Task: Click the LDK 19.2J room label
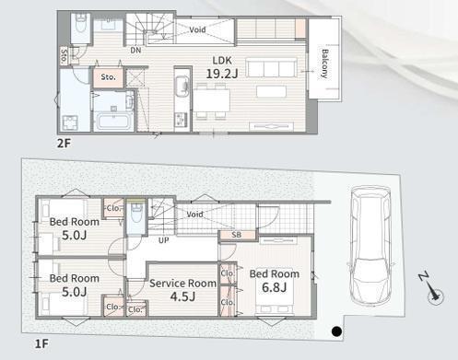[222, 67]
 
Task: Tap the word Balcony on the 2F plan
[324, 64]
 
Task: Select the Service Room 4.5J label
[182, 290]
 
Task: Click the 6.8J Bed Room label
[275, 281]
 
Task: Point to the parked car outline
[370, 245]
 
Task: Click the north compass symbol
[432, 289]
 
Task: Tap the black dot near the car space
[337, 331]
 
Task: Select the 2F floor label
[64, 143]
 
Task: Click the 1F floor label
[41, 343]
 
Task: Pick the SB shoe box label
[237, 235]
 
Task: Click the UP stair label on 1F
[164, 240]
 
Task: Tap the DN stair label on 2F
[135, 50]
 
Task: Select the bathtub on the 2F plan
[112, 122]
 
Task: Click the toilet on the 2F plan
[81, 24]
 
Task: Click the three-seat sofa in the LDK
[271, 68]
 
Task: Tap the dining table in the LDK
[211, 100]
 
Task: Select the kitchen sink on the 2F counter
[182, 86]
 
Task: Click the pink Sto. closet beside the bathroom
[109, 77]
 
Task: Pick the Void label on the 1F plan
[194, 214]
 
